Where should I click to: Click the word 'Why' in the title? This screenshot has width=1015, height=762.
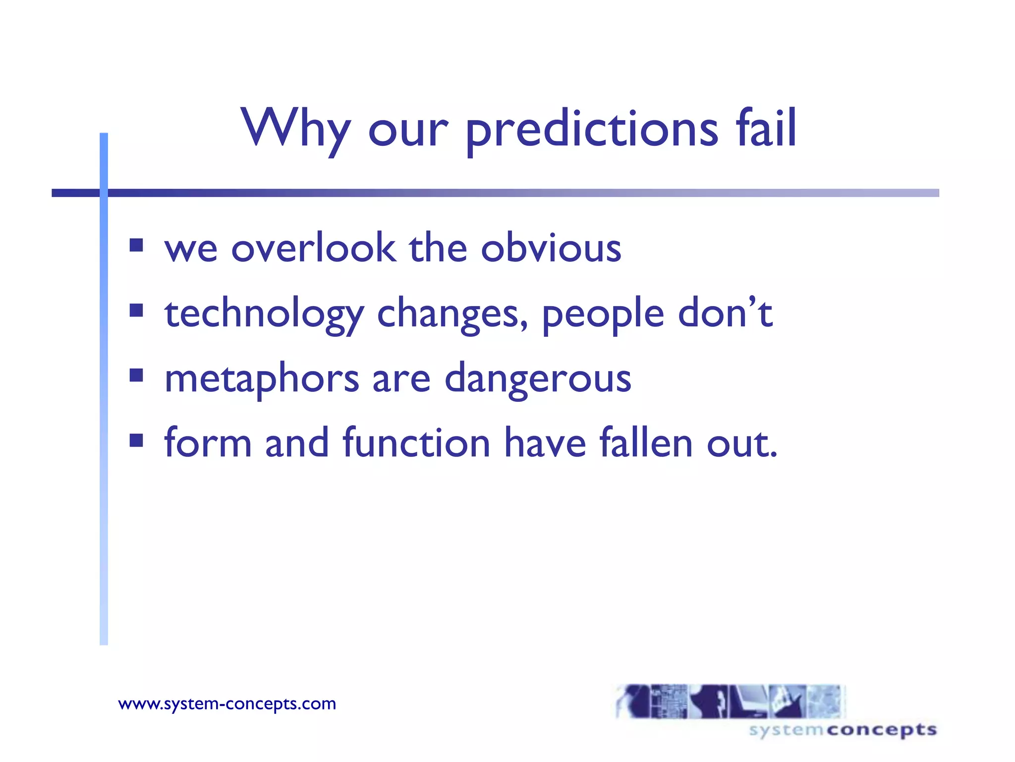point(296,128)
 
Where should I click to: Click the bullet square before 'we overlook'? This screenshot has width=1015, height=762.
point(136,246)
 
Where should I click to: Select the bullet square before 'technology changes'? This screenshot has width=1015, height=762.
point(136,311)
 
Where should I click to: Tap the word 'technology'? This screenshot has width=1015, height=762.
point(264,315)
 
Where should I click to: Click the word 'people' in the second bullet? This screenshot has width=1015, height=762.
point(603,315)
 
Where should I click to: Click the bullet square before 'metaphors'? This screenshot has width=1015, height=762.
point(136,375)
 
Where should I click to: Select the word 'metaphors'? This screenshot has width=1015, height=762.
point(262,379)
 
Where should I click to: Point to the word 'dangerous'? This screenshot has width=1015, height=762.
point(538,379)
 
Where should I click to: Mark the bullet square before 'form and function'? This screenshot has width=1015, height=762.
point(136,440)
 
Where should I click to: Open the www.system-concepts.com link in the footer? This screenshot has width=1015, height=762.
point(227,703)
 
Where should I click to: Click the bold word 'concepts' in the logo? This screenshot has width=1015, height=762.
point(882,730)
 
